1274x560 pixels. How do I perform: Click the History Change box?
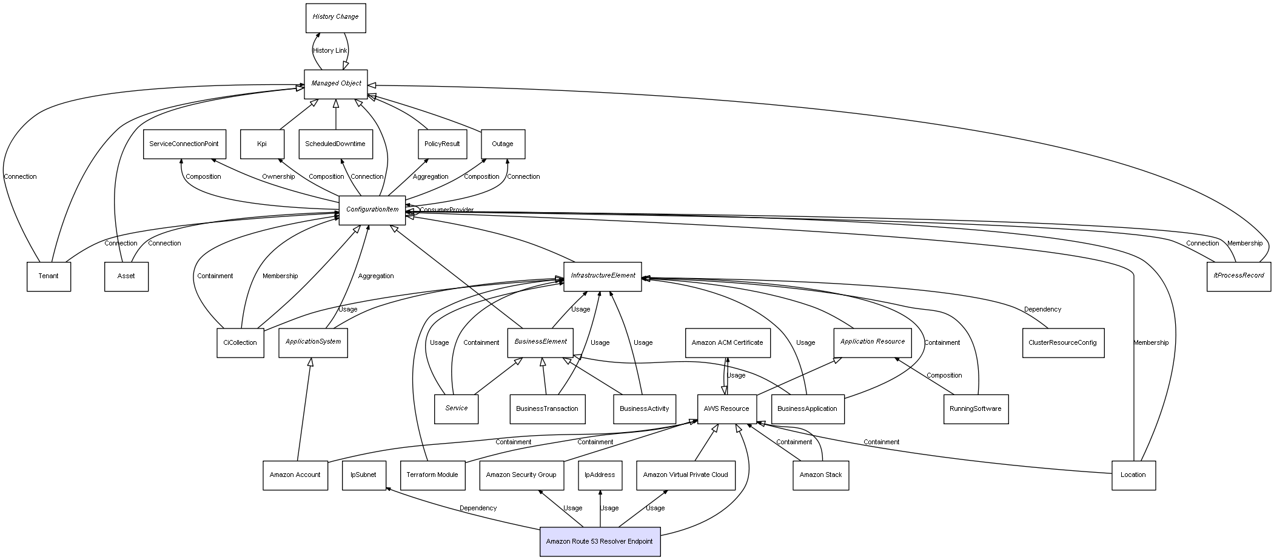click(335, 18)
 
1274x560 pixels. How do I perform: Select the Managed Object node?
click(336, 84)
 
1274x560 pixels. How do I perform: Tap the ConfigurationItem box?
click(372, 210)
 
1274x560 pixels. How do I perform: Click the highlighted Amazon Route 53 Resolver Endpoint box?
click(600, 541)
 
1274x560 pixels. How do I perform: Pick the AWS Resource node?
click(726, 409)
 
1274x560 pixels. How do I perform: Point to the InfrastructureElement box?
click(602, 276)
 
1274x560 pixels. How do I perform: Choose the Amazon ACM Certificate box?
click(727, 343)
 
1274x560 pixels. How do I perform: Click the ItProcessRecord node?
click(1238, 276)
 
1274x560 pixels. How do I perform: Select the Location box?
click(1133, 475)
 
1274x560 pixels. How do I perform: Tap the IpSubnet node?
click(363, 475)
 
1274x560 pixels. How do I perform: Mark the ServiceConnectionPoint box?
click(184, 144)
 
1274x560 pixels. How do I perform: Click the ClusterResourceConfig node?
click(1062, 343)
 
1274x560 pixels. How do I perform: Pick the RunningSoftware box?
click(975, 409)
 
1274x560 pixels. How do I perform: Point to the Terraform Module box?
click(432, 475)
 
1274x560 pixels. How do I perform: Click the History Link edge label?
click(330, 51)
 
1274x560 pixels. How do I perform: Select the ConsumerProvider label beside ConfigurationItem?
click(446, 210)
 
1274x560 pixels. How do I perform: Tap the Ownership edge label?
click(278, 177)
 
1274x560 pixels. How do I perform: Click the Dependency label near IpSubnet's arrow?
click(478, 508)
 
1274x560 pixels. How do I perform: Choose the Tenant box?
click(49, 276)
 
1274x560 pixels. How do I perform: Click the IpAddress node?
click(600, 475)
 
